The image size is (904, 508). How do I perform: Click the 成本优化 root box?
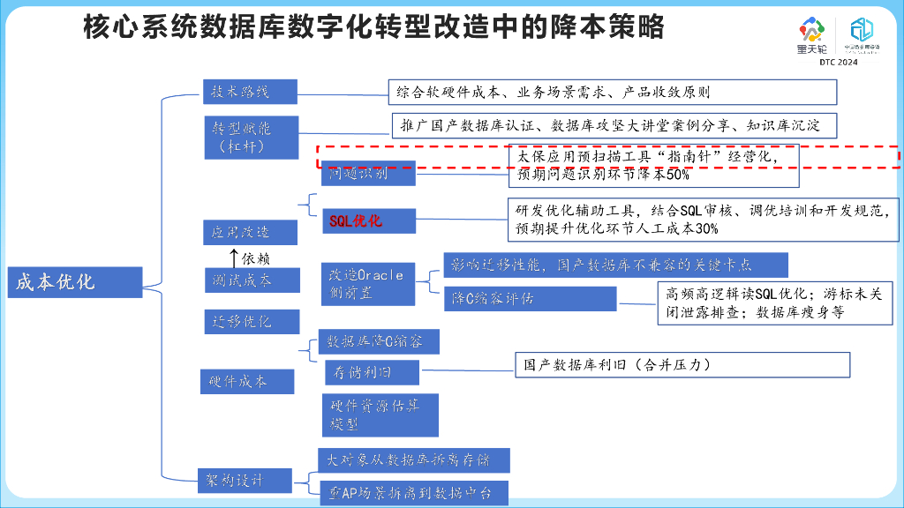click(x=75, y=282)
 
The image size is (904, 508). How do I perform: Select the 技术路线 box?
click(x=250, y=92)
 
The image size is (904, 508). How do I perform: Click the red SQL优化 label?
click(x=356, y=220)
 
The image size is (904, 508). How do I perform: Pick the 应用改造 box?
click(x=237, y=232)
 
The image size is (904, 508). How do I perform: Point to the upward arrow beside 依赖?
click(x=234, y=258)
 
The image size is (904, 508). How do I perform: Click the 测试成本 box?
click(x=237, y=280)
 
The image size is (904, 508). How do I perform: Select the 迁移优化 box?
click(x=237, y=321)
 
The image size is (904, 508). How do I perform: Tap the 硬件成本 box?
click(x=237, y=381)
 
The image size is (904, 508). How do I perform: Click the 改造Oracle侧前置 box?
click(x=366, y=282)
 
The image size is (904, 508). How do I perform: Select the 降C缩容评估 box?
click(x=530, y=298)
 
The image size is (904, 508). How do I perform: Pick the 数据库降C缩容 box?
click(x=377, y=341)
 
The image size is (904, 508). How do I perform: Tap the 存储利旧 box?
click(x=372, y=372)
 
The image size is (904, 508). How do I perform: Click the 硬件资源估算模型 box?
click(x=380, y=415)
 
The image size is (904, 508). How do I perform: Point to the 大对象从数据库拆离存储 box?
click(x=413, y=460)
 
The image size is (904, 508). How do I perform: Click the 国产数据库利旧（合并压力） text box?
click(x=682, y=365)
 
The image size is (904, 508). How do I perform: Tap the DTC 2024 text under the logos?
click(x=838, y=63)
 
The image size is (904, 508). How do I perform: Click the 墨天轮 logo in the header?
click(x=810, y=37)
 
